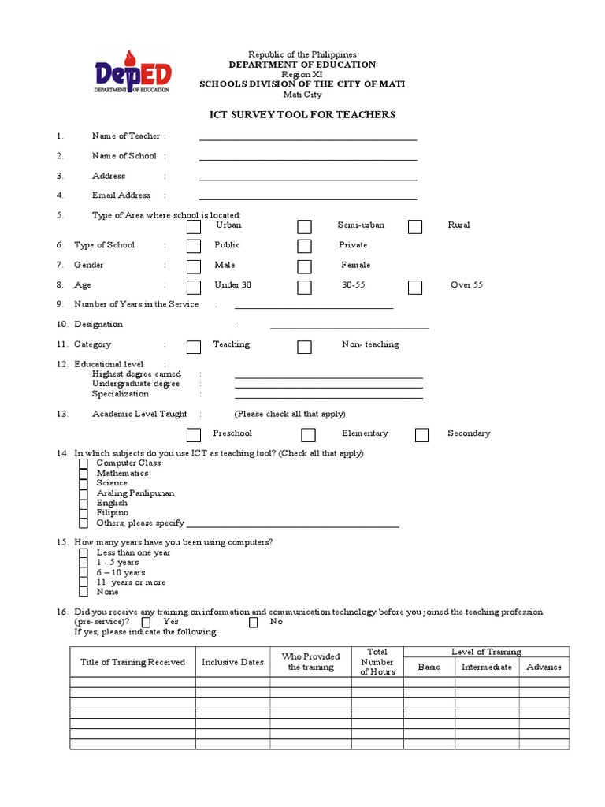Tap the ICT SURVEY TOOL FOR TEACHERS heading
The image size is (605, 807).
coord(302,115)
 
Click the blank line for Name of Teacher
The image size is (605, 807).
coord(307,139)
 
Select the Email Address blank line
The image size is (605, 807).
coord(307,199)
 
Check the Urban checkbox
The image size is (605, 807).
coord(194,227)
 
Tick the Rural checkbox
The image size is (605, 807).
coord(415,227)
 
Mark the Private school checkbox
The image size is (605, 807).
coord(305,247)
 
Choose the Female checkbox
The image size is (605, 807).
coord(305,267)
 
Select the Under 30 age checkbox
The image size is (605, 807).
coord(194,287)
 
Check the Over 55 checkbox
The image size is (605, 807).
coord(415,287)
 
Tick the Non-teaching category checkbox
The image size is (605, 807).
coord(305,347)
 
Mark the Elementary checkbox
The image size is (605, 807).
coord(309,435)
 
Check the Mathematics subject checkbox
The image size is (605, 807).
coord(84,474)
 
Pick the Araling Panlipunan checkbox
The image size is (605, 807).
coord(84,493)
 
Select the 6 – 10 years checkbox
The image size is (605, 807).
coord(84,573)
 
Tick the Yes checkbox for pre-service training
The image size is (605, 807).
coord(147,622)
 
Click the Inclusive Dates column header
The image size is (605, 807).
coord(232,663)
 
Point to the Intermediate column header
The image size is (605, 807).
coord(486,667)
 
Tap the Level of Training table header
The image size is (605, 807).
coord(486,652)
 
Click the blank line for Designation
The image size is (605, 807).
coord(350,326)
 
